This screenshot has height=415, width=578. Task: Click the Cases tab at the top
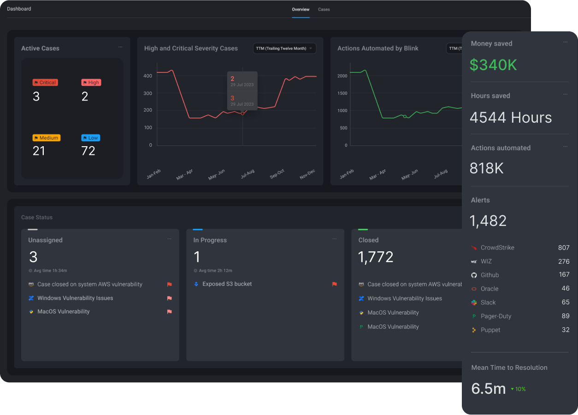pyautogui.click(x=324, y=9)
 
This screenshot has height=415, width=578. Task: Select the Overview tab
pyautogui.click(x=301, y=9)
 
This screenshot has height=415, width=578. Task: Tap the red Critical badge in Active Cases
pyautogui.click(x=45, y=83)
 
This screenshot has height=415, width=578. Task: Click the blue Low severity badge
pyautogui.click(x=91, y=138)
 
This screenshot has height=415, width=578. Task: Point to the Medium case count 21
pyautogui.click(x=39, y=151)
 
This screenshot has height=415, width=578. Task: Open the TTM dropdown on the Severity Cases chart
pyautogui.click(x=284, y=48)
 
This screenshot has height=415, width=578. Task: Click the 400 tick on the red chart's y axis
pyautogui.click(x=147, y=76)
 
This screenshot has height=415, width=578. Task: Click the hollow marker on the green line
pyautogui.click(x=405, y=117)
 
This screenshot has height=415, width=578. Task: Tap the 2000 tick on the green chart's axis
pyautogui.click(x=342, y=76)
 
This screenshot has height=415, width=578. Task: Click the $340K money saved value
pyautogui.click(x=493, y=65)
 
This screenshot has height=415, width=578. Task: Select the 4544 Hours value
pyautogui.click(x=511, y=118)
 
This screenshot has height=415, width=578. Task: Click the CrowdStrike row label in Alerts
pyautogui.click(x=497, y=248)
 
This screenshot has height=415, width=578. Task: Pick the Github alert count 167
pyautogui.click(x=564, y=275)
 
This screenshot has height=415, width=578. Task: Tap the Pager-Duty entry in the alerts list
pyautogui.click(x=495, y=316)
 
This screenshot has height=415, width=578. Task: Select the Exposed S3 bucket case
pyautogui.click(x=227, y=284)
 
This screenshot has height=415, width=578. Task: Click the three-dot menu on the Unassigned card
pyautogui.click(x=169, y=239)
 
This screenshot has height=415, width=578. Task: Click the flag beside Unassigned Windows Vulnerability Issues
pyautogui.click(x=169, y=298)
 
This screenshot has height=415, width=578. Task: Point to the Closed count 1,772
pyautogui.click(x=376, y=257)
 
